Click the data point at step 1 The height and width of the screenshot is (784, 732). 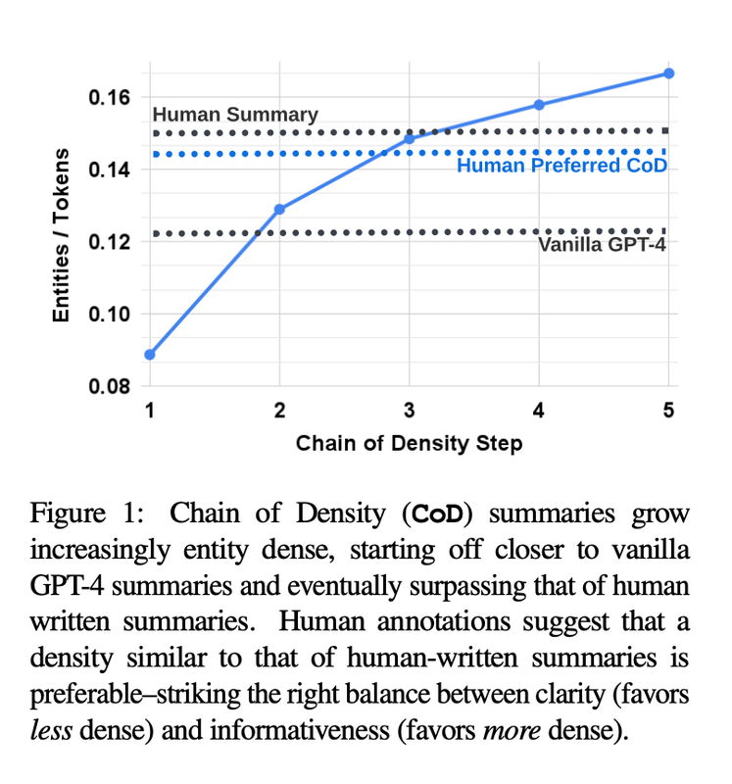pos(150,354)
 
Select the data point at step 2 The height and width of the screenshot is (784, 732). pos(279,209)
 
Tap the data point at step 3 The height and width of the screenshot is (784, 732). pos(410,139)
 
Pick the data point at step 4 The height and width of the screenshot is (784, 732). pos(539,105)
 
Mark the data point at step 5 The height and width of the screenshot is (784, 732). pos(668,73)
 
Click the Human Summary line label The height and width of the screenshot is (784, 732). pos(235,115)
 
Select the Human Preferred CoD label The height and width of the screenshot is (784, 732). pos(561,167)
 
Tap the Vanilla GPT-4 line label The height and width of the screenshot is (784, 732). pos(603,245)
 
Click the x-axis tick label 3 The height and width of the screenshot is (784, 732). pos(410,411)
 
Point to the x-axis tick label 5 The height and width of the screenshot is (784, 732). pos(668,411)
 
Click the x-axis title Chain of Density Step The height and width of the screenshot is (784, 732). pos(409,444)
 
